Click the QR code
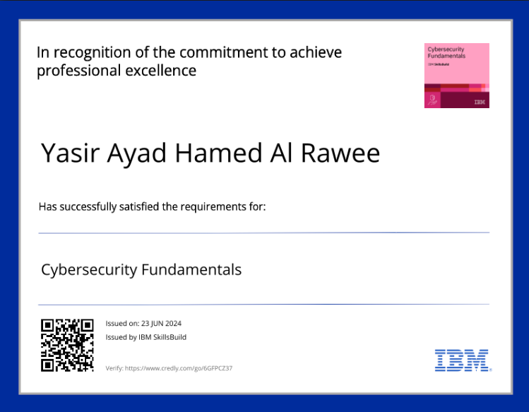(67, 345)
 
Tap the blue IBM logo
(463, 360)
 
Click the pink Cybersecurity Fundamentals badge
(456, 76)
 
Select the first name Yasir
(69, 153)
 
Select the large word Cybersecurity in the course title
(89, 269)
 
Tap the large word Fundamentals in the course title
(191, 269)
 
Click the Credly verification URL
(179, 368)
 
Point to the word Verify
(114, 368)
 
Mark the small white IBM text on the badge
(480, 102)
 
